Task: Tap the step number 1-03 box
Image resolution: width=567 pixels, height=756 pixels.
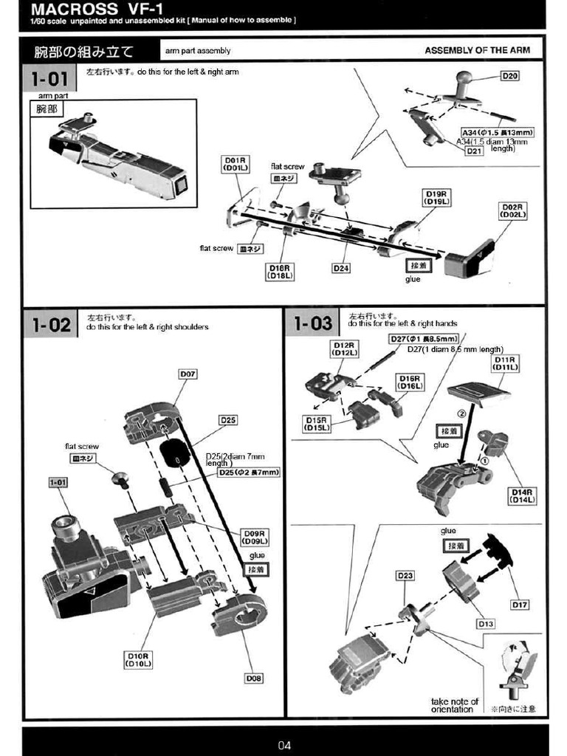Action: (x=313, y=323)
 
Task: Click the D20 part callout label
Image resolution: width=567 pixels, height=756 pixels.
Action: (x=510, y=75)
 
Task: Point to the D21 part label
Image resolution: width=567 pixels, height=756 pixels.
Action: (x=474, y=151)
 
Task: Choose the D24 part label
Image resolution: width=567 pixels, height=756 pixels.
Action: (x=340, y=268)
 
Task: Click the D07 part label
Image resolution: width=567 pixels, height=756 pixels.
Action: (x=188, y=374)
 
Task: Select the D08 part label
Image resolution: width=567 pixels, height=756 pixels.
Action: (x=254, y=678)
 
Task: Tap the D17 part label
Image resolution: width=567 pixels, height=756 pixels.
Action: (x=520, y=605)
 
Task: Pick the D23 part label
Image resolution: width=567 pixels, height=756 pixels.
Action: (x=405, y=575)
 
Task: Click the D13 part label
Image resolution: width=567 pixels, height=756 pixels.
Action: (x=486, y=624)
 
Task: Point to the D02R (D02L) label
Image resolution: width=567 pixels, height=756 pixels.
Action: (x=512, y=210)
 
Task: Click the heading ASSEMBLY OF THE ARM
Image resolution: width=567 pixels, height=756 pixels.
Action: (x=477, y=51)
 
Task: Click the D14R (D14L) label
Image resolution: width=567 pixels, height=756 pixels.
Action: (x=522, y=495)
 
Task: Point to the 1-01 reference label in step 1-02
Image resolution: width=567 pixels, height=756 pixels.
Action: (x=58, y=482)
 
